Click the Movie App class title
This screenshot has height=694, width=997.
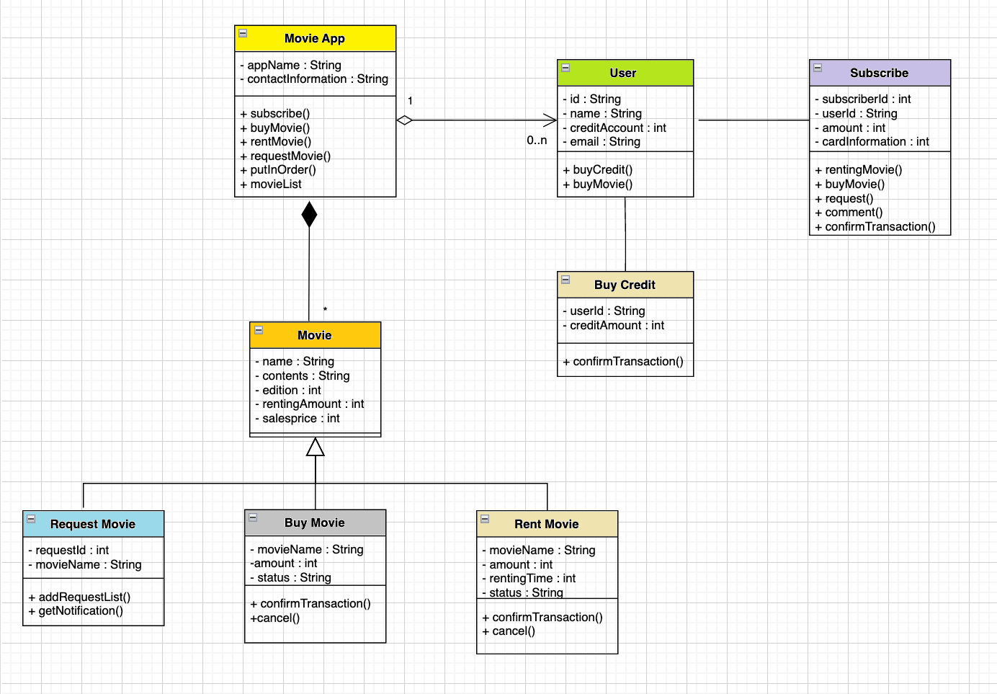click(315, 39)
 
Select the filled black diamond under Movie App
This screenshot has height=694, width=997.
click(309, 214)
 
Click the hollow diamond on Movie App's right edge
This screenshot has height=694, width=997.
click(404, 120)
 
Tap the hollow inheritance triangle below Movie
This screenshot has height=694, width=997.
click(316, 447)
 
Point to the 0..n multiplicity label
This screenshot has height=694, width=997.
click(537, 141)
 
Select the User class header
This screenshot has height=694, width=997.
click(623, 73)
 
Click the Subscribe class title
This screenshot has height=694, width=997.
click(879, 73)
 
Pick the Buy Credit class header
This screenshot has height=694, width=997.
click(625, 285)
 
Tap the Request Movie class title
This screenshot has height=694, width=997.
click(93, 524)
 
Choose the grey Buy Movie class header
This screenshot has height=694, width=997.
click(315, 522)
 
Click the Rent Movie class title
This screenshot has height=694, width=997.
click(547, 524)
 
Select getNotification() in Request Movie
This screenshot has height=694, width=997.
click(80, 611)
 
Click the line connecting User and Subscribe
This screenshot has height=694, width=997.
click(753, 120)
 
